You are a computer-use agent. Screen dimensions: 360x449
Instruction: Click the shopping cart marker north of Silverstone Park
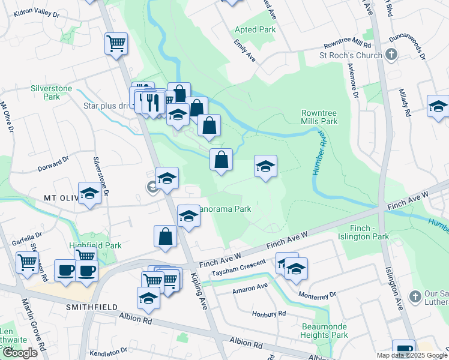click(116, 44)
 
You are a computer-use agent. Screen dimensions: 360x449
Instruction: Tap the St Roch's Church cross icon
click(391, 56)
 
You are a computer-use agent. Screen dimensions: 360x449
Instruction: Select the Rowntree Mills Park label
click(319, 116)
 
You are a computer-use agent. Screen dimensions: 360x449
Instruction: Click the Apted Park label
click(255, 29)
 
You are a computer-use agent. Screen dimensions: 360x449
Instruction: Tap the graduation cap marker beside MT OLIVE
click(89, 194)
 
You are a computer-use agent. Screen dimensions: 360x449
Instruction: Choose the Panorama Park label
click(227, 209)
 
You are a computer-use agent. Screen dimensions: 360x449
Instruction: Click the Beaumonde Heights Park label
click(324, 330)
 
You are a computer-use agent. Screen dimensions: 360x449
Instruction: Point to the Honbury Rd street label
click(270, 314)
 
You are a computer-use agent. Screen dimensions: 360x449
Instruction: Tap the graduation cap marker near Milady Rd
click(438, 106)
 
